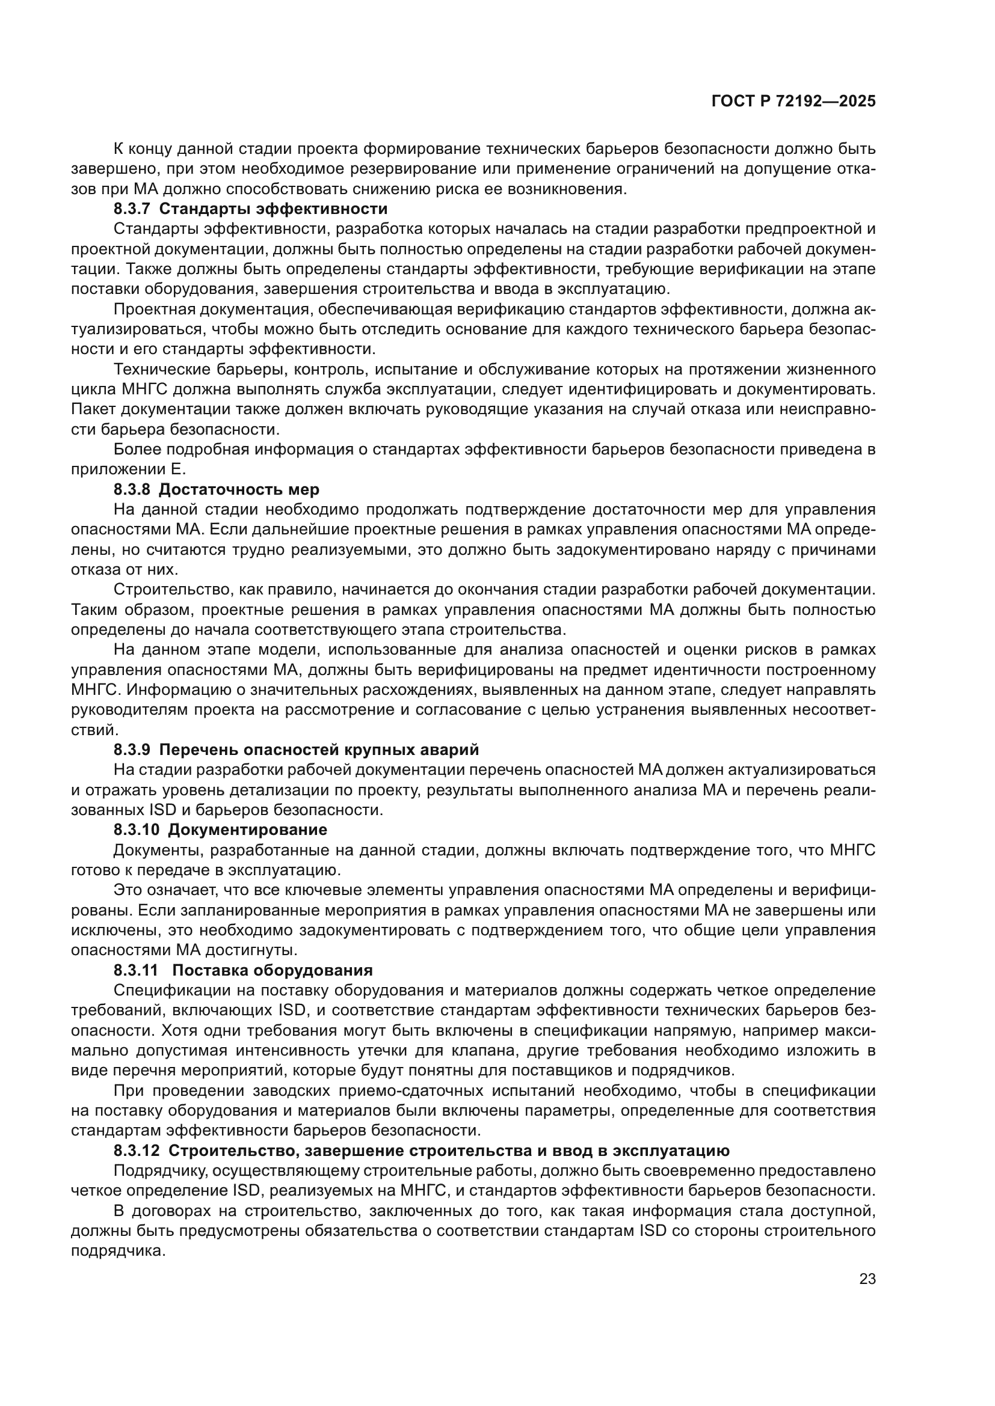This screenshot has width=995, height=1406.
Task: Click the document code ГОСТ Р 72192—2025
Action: tap(793, 102)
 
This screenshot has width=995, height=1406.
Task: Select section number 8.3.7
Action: tap(132, 209)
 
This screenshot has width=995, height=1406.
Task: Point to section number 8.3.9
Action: tap(132, 750)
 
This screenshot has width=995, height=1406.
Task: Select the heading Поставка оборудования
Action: tap(272, 970)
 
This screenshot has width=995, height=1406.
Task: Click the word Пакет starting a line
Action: tap(92, 409)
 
